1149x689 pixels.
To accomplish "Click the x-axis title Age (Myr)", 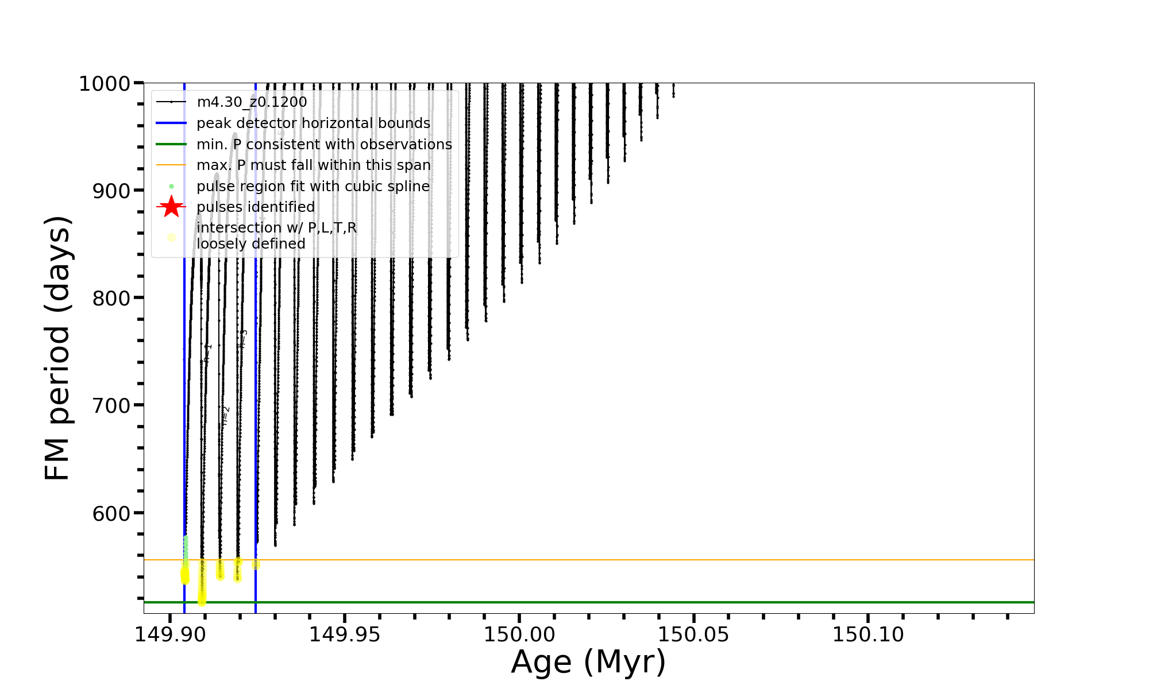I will click(588, 662).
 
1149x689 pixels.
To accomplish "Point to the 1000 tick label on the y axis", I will click(105, 84).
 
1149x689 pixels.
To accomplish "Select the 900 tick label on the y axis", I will click(112, 191).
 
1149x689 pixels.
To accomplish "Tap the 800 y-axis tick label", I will click(112, 299).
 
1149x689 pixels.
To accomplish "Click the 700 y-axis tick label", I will click(112, 406).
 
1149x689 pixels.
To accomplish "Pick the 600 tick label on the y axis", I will click(112, 513).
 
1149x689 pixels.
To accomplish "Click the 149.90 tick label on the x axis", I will click(170, 635).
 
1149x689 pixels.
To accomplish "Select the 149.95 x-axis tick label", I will click(345, 635).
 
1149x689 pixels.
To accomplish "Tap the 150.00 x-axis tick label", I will click(519, 635).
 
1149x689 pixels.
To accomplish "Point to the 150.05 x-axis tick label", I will click(693, 635).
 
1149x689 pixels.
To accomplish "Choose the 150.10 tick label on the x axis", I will click(868, 635).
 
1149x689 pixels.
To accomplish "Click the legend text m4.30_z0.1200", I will click(252, 102).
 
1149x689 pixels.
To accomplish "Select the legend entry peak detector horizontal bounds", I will click(313, 123).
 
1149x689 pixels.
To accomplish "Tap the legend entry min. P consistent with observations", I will click(324, 145).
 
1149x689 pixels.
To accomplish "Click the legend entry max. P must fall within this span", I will click(313, 165).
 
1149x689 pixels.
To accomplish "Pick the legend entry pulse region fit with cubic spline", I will click(313, 187).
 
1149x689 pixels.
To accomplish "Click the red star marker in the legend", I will click(171, 207).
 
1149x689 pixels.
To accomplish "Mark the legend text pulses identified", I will click(256, 207).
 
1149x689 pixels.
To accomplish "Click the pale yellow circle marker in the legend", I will click(171, 237).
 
